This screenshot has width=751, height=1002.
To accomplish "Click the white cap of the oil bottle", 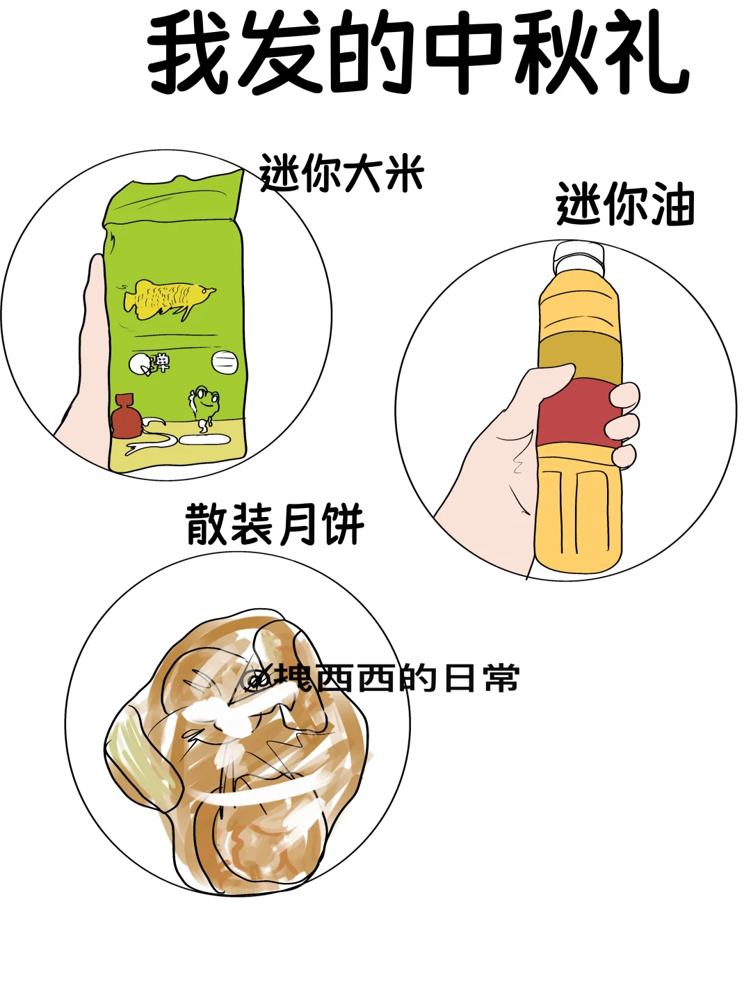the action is [x=579, y=259].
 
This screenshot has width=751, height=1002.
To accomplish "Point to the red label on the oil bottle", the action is [x=579, y=414].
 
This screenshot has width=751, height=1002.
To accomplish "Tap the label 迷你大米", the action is [x=342, y=173].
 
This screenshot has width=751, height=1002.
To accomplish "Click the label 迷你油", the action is [x=625, y=204].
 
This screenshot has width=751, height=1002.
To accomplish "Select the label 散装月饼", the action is [x=275, y=524].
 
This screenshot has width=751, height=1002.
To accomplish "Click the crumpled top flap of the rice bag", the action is [x=174, y=197].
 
